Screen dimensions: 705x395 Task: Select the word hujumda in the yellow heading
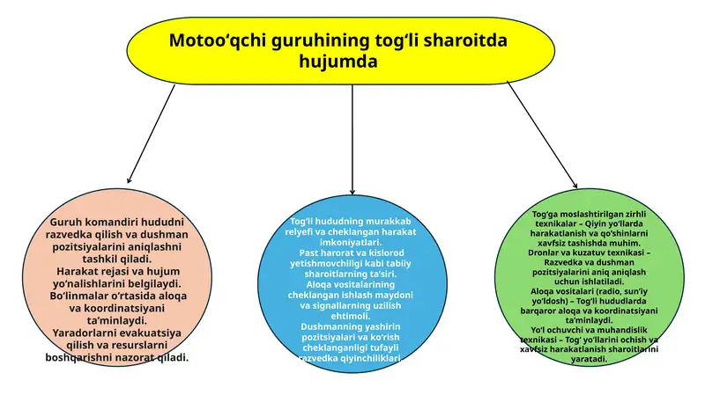(338, 61)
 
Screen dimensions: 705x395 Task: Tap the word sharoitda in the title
(465, 40)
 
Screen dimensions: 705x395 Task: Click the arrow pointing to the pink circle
(151, 134)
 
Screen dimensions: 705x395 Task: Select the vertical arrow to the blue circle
(352, 139)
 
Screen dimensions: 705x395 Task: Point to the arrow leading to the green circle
(542, 135)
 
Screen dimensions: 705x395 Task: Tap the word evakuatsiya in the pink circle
(151, 333)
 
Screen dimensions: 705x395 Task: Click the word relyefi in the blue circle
(300, 232)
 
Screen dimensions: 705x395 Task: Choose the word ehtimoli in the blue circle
(350, 316)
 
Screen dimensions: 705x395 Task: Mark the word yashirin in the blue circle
(386, 326)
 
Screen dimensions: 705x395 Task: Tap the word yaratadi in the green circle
(589, 359)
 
